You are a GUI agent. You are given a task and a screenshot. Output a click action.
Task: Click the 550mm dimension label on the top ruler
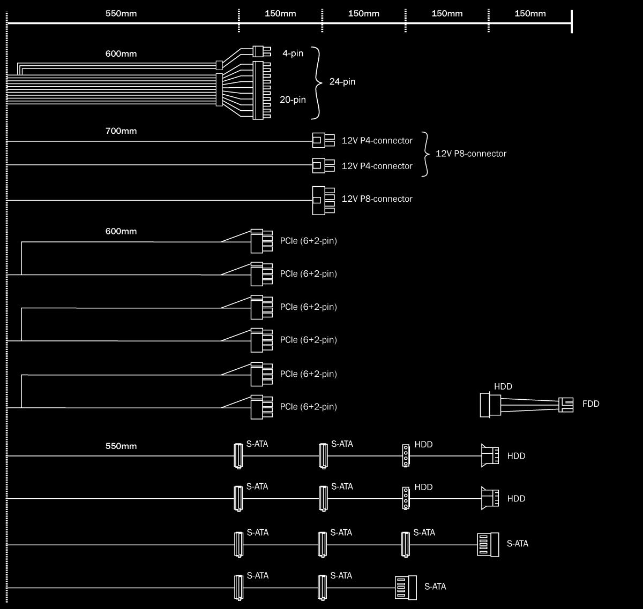coord(121,13)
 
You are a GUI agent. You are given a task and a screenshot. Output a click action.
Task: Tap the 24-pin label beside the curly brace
coord(342,82)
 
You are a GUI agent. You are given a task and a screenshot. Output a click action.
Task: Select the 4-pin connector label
coord(293,54)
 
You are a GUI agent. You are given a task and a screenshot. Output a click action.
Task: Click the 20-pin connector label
coord(293,100)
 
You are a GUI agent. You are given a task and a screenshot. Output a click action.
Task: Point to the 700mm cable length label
coord(121,131)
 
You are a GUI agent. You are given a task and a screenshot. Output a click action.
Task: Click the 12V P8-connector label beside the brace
coord(470,154)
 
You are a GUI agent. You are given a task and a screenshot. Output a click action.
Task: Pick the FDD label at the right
coord(590,404)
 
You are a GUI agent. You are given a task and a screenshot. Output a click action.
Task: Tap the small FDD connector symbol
coord(566,405)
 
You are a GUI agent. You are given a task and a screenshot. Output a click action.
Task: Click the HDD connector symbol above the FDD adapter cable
coord(490,405)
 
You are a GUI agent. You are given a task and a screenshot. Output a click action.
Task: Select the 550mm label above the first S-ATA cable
coord(121,446)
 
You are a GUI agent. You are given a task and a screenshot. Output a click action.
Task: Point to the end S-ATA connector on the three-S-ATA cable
coord(488,544)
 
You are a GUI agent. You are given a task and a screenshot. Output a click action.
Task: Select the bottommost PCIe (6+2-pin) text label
coord(308,407)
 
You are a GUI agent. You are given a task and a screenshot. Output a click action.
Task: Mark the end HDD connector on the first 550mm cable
coord(490,456)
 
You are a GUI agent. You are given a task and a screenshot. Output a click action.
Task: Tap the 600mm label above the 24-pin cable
coord(121,54)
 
